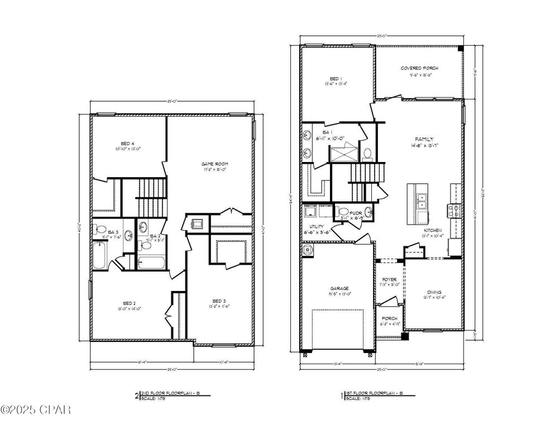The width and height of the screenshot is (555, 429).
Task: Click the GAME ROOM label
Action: [x=215, y=164]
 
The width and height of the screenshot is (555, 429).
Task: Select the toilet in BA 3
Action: [x=102, y=229]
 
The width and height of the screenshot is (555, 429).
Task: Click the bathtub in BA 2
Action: [x=151, y=261]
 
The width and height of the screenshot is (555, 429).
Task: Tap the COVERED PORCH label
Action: [x=419, y=68]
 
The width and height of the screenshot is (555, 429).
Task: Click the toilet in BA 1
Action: [x=367, y=152]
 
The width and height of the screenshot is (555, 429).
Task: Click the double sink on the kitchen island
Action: [x=422, y=201]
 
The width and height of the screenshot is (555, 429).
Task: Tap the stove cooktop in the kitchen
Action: [x=453, y=210]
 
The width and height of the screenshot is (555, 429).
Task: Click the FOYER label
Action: [x=389, y=279]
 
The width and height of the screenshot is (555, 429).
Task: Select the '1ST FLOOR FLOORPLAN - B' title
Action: [x=373, y=394]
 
